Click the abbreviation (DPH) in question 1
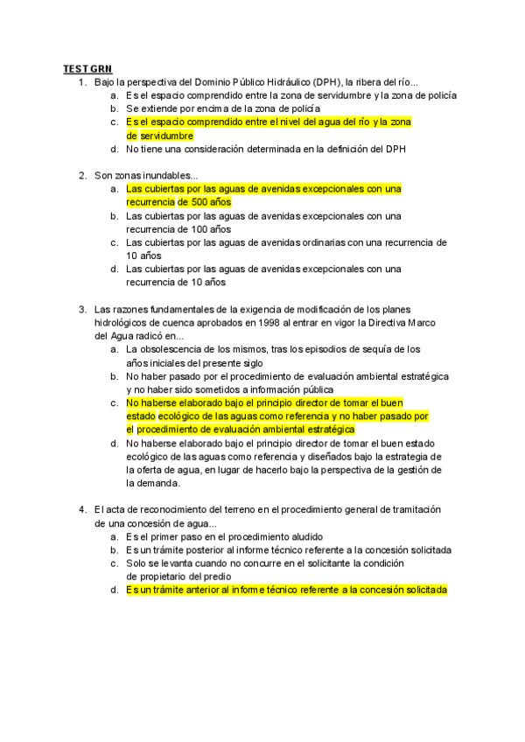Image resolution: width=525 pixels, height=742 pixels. coord(328,82)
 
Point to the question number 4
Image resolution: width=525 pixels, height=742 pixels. coord(82,510)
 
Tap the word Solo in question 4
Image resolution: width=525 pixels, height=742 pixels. coord(136,563)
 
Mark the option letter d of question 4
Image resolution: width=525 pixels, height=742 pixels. coord(115,591)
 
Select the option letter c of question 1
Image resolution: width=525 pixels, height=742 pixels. coord(115,122)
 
